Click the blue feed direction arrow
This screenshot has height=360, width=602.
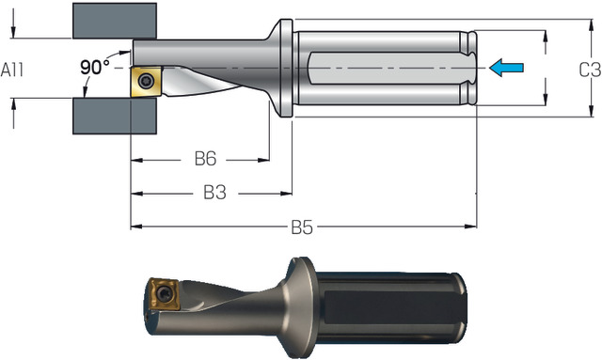point(506,68)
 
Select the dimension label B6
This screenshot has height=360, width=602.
point(205,159)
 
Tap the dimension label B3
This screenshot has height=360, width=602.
point(214,193)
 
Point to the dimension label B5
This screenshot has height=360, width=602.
point(302,227)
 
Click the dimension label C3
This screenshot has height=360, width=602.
point(590,70)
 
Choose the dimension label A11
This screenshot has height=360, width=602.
point(12,70)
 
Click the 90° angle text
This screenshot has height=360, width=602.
point(94,67)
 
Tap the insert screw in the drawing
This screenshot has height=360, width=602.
point(147,81)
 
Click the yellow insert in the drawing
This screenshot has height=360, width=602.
point(147,82)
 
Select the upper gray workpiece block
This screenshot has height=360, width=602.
point(115,21)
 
